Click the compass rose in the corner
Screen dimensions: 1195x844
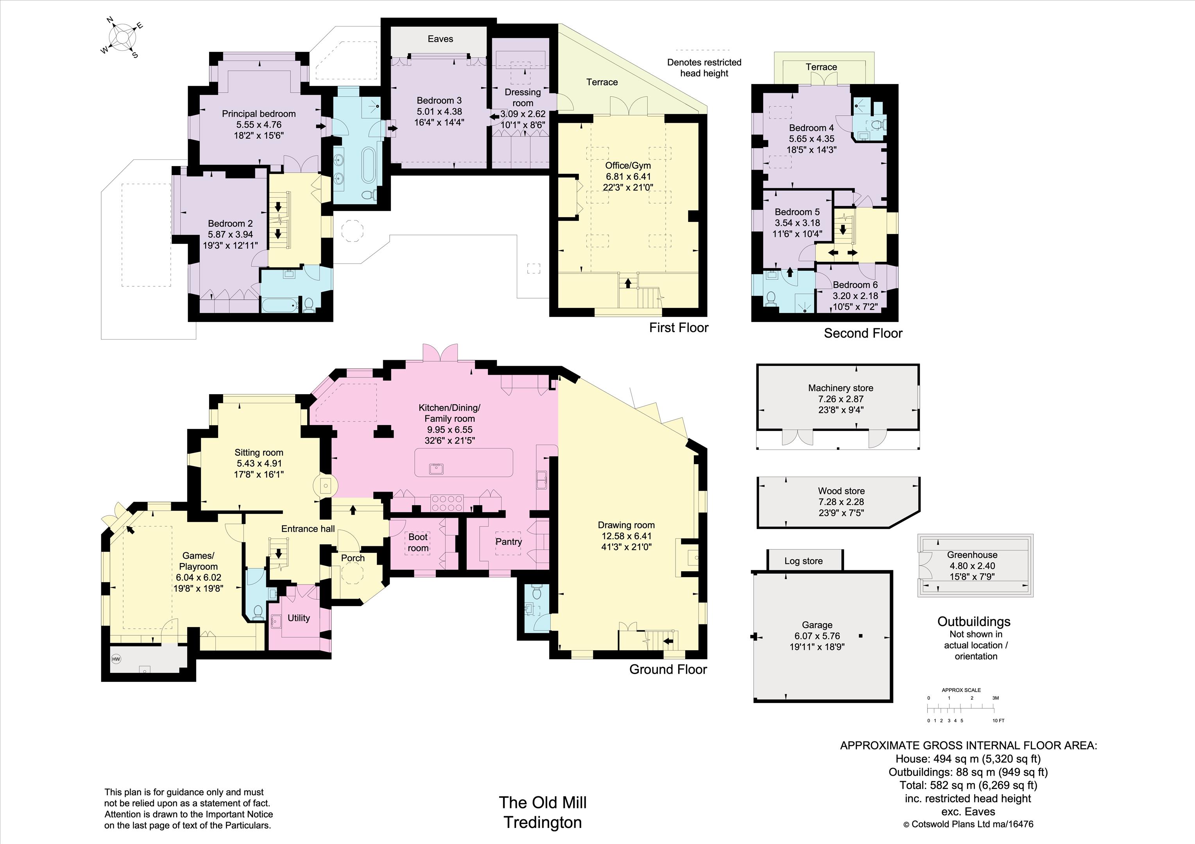pos(123,38)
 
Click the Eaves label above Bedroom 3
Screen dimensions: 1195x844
pos(440,39)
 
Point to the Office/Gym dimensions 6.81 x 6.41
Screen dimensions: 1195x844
pos(628,176)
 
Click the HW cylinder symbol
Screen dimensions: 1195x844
pos(116,659)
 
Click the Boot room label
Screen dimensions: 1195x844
pos(418,542)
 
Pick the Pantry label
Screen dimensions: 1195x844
pos(509,542)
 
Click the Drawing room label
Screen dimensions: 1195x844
pos(626,525)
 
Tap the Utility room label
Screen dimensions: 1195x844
pos(299,618)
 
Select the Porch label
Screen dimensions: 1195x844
pos(353,558)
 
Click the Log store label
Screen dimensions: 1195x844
pos(804,561)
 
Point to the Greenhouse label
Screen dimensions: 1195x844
pos(972,555)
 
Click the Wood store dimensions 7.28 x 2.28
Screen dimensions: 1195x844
pos(841,502)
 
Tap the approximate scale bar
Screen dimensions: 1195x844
pos(961,708)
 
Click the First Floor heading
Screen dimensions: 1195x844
pos(679,327)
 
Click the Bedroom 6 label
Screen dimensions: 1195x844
pos(855,284)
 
